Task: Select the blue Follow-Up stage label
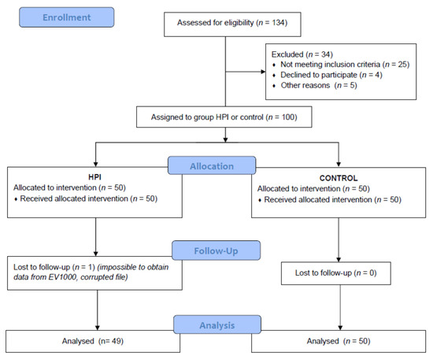coord(215,251)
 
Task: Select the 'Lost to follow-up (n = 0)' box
coord(339,273)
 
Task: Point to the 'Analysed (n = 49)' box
coord(97,341)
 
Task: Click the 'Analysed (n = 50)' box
coord(339,341)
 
